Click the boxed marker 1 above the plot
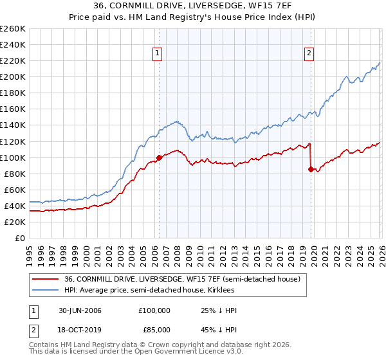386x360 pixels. (x=158, y=54)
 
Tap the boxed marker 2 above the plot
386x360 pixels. (x=309, y=54)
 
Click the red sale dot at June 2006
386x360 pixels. (x=159, y=157)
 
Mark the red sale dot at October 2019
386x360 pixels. (x=311, y=170)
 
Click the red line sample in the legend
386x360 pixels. (x=46, y=280)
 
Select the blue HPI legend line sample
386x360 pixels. (x=46, y=291)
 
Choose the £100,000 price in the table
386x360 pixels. (x=154, y=310)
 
